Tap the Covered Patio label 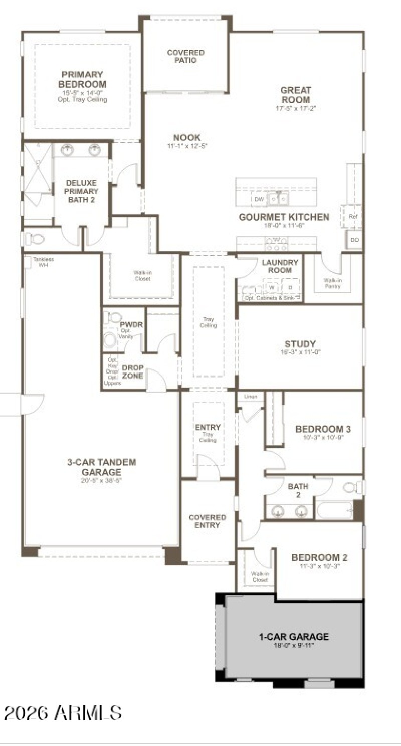(185, 56)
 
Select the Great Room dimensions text (296, 108)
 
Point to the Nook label (187, 138)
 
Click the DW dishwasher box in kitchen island (259, 199)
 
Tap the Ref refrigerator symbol (353, 217)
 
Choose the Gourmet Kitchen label (284, 217)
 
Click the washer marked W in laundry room (272, 288)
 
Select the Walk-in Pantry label (332, 283)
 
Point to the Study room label (300, 344)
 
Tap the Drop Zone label (133, 371)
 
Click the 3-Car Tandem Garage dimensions (102, 480)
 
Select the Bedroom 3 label (323, 429)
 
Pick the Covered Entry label (207, 521)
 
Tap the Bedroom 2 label (320, 557)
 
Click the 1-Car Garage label (294, 637)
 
